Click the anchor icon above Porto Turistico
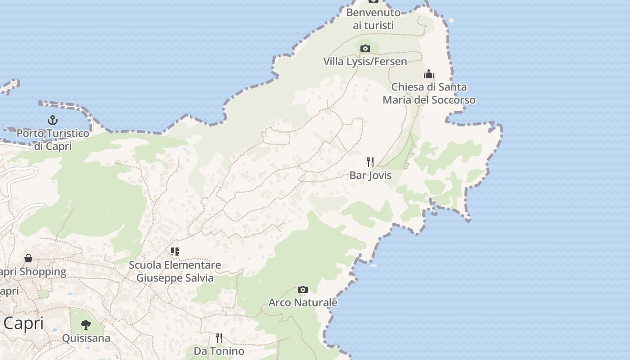click(x=53, y=120)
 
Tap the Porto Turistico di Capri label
click(x=53, y=139)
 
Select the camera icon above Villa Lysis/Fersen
click(x=365, y=48)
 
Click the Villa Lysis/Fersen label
click(x=365, y=61)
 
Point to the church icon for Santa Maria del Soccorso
click(x=429, y=73)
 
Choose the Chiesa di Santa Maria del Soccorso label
click(x=429, y=93)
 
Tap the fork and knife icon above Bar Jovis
click(x=370, y=162)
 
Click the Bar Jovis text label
click(x=370, y=175)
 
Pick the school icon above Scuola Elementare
click(x=175, y=252)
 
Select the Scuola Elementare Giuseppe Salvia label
click(x=175, y=271)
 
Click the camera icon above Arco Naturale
click(x=303, y=289)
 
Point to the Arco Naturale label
click(x=303, y=302)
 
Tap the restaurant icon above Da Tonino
click(x=219, y=337)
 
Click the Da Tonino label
click(x=219, y=351)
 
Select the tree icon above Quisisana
click(x=86, y=324)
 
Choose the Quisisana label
click(x=86, y=338)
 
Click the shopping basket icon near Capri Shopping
click(x=28, y=258)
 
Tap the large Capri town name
click(x=23, y=323)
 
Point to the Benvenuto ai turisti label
click(x=373, y=19)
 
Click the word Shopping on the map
click(x=43, y=272)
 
